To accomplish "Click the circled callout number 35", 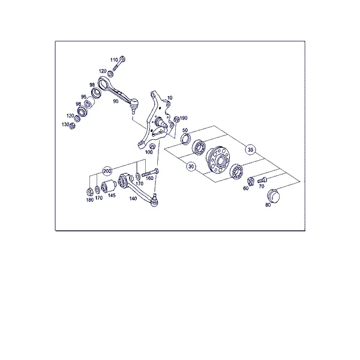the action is coord(250,149).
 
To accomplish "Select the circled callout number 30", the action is coord(191,166).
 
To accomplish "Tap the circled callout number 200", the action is coord(107,171).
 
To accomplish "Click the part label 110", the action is coord(114,60).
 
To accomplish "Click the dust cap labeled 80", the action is coord(274,196).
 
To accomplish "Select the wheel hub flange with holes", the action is coord(217,159).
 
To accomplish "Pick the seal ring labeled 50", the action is coord(186,139).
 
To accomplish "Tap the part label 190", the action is coord(184,118).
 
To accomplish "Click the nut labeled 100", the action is coord(152,146).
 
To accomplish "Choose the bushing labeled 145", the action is coord(109,186).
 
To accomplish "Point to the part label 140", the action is coord(133,199).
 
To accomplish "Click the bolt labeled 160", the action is coord(150,173).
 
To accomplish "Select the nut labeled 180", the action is coord(89,191).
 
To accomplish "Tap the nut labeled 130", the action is coord(72,125).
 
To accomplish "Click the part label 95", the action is coord(83,97).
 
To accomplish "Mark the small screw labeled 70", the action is coord(262,180).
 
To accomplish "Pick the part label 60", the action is coord(245,188).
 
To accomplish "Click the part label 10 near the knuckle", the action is coord(170,98).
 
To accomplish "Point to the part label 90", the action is coord(116,101).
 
